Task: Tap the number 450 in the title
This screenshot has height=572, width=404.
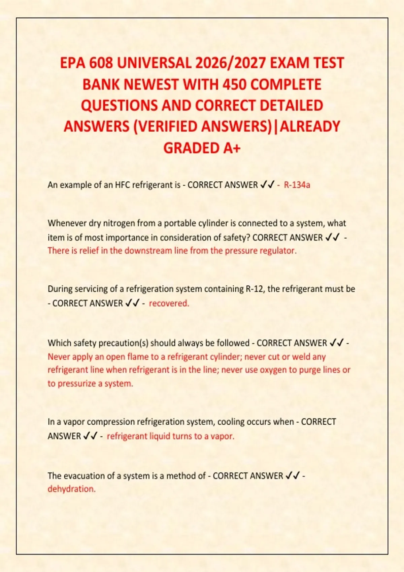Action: click(x=235, y=84)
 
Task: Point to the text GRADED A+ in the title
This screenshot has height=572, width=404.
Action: click(x=202, y=148)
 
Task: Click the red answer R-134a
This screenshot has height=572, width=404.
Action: click(x=297, y=185)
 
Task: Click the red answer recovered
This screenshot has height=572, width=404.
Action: click(x=169, y=303)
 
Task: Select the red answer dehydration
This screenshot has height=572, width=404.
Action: click(x=72, y=489)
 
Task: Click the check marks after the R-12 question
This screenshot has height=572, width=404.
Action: click(x=132, y=303)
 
